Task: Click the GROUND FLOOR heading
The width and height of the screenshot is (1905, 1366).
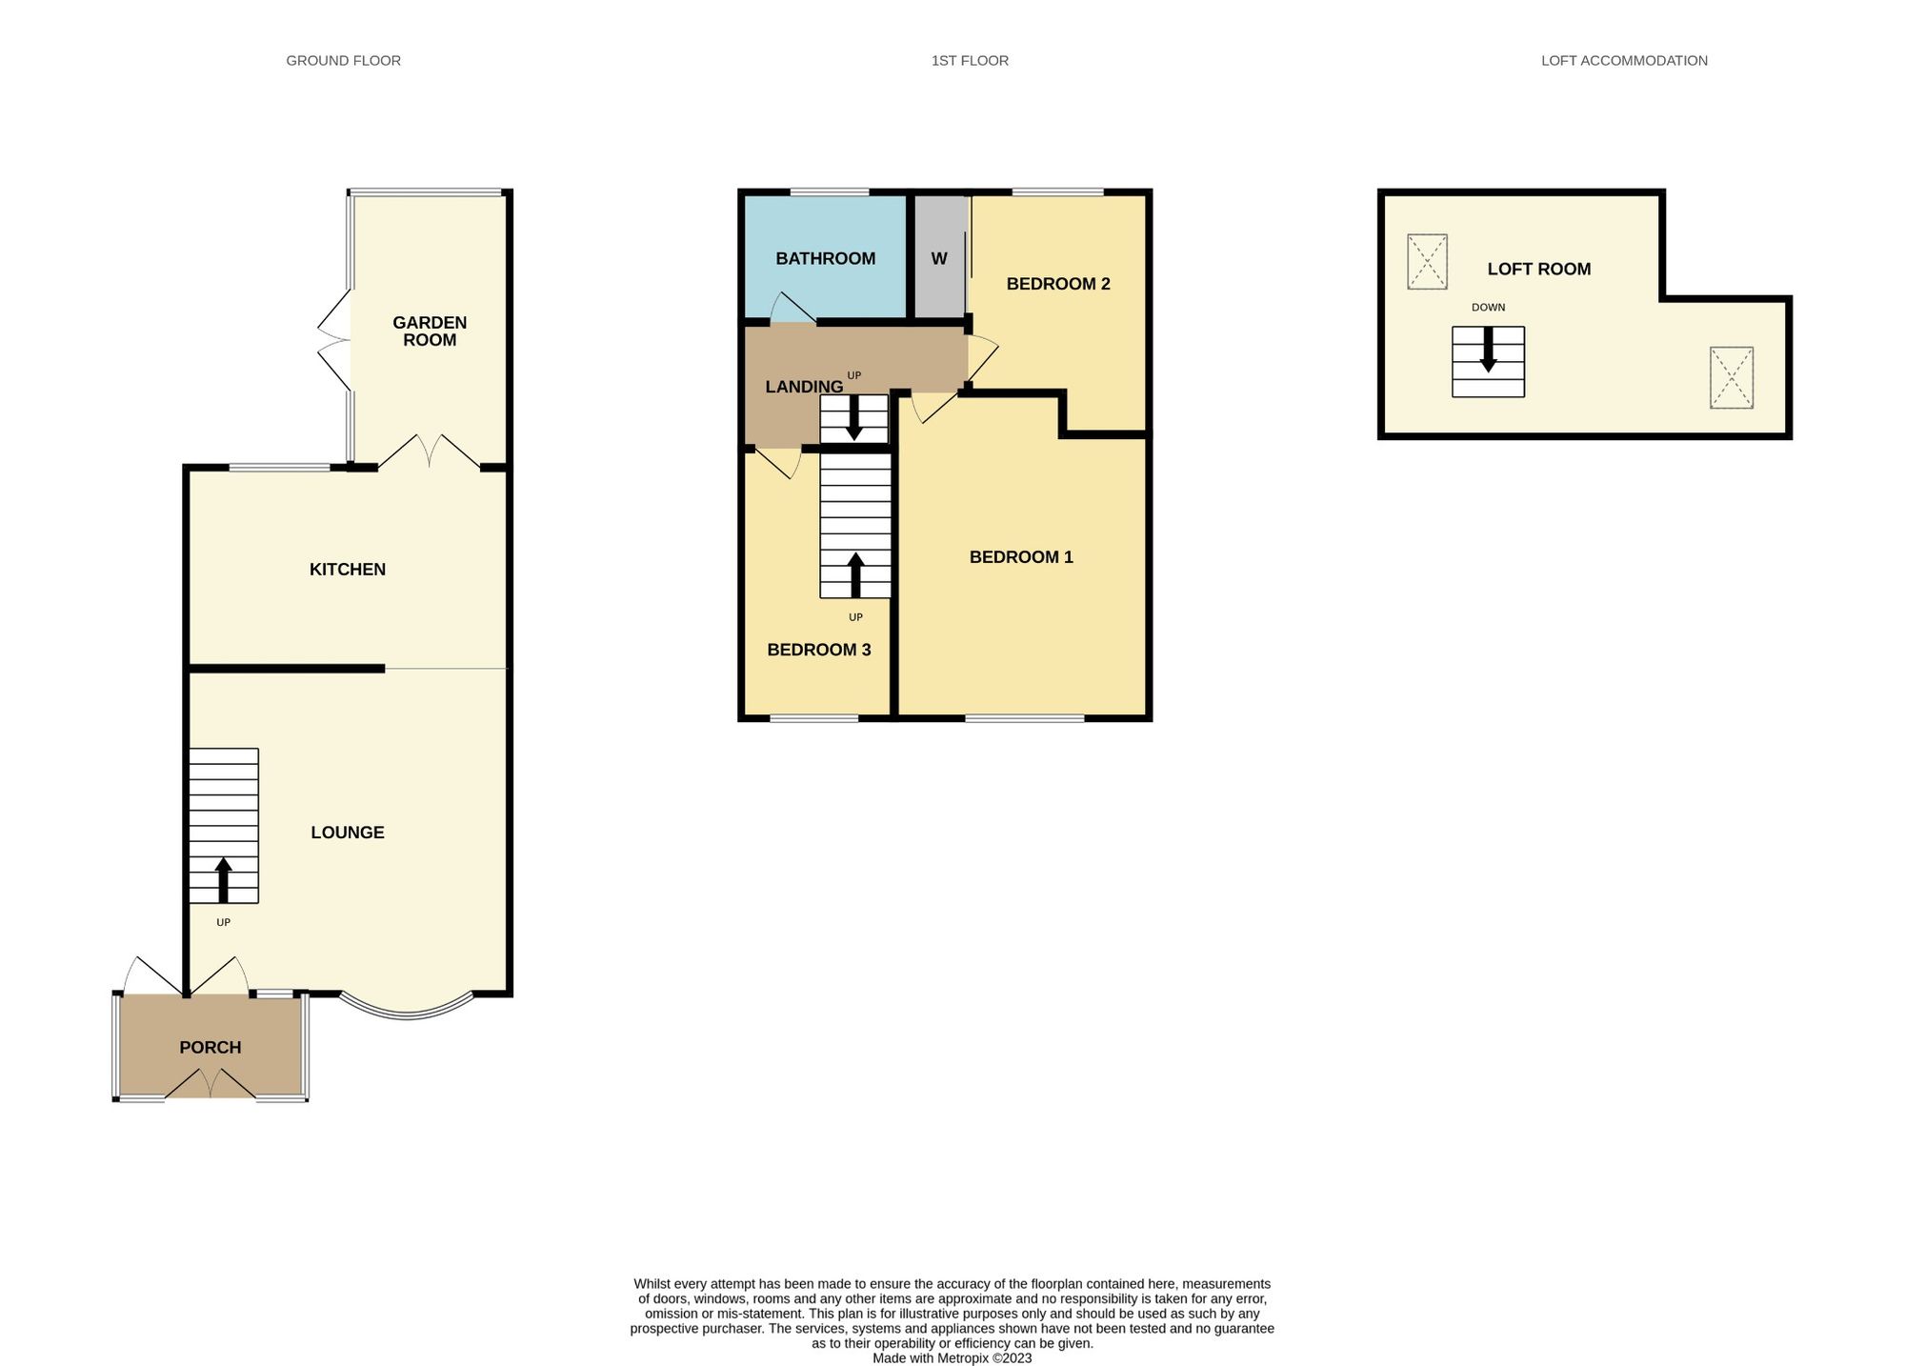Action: (343, 61)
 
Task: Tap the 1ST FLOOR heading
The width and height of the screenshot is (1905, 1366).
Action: (970, 61)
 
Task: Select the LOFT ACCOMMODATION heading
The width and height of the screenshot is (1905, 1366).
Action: (1624, 61)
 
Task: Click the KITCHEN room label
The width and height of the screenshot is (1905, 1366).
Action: (348, 570)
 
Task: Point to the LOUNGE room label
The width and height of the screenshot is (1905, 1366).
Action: (348, 833)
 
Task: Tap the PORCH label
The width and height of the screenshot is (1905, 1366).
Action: (211, 1048)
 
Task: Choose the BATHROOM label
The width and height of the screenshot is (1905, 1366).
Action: (825, 259)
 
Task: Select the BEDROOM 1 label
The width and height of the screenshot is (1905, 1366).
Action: (1021, 557)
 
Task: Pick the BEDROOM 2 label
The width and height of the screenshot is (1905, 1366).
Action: (1058, 284)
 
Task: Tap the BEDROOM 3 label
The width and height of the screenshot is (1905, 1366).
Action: (819, 650)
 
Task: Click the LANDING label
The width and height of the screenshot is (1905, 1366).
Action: (804, 387)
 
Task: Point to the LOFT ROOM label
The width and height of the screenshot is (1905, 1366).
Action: (1539, 270)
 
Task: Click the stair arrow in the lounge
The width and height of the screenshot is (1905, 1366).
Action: (224, 880)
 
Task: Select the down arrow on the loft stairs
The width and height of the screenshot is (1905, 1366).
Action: (1488, 350)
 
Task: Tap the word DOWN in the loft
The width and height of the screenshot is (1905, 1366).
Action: (1488, 308)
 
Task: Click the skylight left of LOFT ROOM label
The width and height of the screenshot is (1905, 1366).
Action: (1427, 262)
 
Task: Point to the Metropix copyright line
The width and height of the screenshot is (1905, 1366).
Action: (952, 1358)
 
